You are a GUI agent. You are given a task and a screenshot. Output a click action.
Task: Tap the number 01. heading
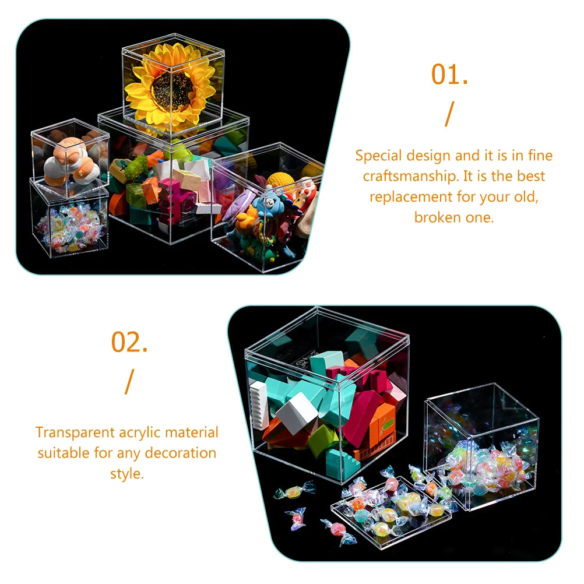pyautogui.click(x=449, y=75)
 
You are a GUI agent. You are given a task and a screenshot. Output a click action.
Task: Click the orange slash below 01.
pyautogui.click(x=448, y=114)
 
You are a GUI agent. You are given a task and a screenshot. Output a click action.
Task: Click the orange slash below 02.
pyautogui.click(x=129, y=382)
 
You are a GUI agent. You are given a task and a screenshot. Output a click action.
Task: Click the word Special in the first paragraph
pyautogui.click(x=378, y=156)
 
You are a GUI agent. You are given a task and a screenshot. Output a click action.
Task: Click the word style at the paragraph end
pyautogui.click(x=126, y=473)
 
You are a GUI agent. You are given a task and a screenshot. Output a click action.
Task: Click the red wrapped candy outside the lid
pyautogui.click(x=298, y=515)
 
